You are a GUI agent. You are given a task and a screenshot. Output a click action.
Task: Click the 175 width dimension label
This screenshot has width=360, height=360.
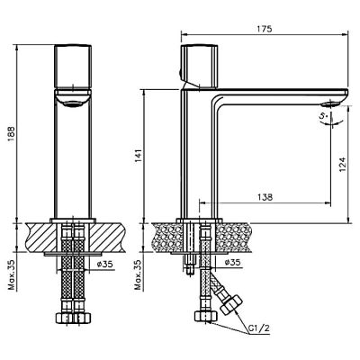[265, 29]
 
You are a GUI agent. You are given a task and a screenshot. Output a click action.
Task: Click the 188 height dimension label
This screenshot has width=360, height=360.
[12, 134]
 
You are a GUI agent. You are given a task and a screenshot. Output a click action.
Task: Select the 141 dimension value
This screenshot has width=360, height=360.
[138, 156]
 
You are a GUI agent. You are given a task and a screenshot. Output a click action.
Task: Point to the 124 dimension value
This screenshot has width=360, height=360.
[343, 165]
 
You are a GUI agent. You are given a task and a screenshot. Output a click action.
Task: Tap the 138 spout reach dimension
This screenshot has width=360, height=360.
[265, 197]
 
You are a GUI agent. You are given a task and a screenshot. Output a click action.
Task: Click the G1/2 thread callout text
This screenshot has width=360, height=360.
[259, 328]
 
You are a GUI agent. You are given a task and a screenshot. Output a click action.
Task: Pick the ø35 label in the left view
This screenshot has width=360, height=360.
[104, 265]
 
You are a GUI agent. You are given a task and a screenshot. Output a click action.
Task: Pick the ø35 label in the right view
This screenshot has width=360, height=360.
[233, 263]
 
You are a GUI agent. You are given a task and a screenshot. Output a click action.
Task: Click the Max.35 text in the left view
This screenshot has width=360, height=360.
[12, 274]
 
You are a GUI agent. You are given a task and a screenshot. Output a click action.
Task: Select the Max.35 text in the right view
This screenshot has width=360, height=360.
[138, 274]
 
